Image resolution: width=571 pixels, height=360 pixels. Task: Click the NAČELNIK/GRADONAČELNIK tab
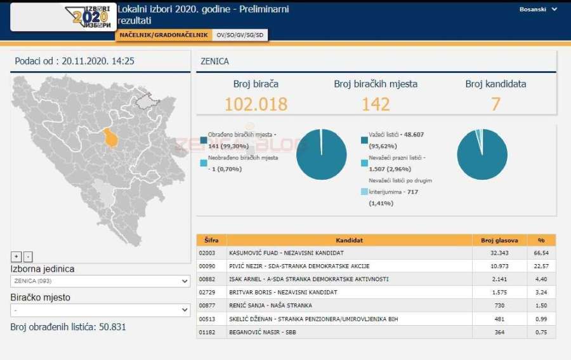tap(162, 36)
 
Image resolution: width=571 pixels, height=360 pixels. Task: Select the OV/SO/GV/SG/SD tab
tap(240, 36)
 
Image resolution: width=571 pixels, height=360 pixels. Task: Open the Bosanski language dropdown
tap(538, 10)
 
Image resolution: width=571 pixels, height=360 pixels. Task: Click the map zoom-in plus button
tap(16, 257)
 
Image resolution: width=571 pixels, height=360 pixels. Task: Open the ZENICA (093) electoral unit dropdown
tap(100, 281)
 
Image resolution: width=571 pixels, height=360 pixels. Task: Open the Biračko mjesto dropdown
tap(100, 310)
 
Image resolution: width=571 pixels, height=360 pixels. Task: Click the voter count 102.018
tap(256, 103)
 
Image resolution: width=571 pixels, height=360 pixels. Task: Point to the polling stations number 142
tap(376, 103)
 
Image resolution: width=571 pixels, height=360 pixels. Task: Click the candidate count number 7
tap(496, 103)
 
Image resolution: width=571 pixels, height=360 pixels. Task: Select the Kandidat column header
tap(350, 240)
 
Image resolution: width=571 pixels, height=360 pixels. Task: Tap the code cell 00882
tap(209, 279)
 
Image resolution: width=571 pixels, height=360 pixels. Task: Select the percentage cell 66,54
tap(541, 253)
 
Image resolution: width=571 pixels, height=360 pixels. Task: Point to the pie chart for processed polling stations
tap(321, 154)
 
